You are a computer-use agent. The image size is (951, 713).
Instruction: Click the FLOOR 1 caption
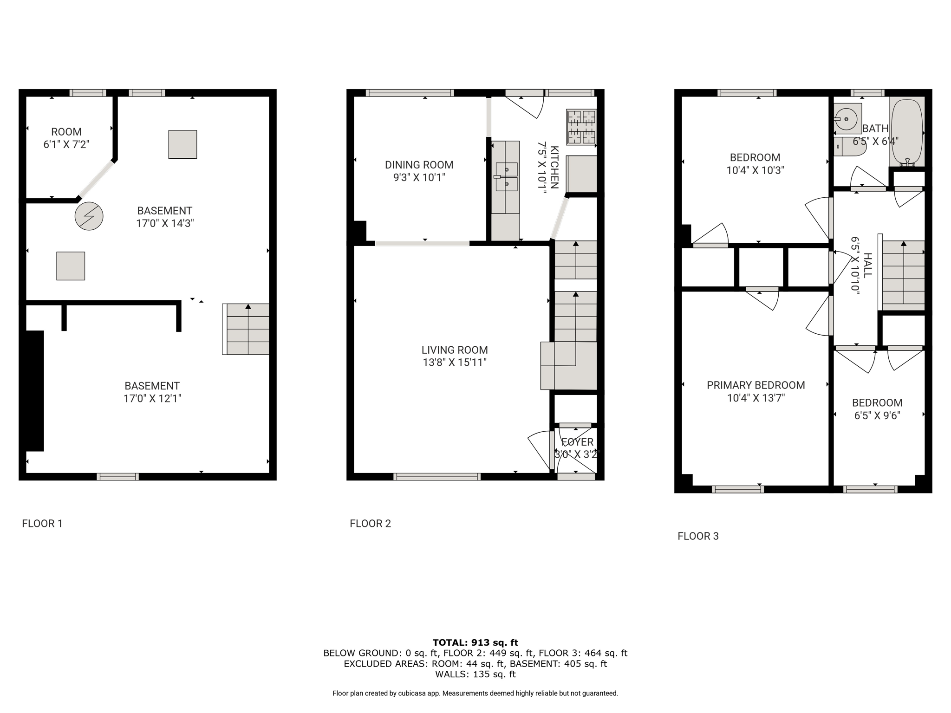pos(42,524)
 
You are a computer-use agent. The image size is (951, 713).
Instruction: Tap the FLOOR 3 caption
pos(698,536)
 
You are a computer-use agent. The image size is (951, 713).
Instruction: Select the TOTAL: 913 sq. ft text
pos(475,642)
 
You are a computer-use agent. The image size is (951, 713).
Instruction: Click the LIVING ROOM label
pos(455,350)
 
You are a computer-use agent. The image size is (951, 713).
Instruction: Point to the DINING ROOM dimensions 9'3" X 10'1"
pos(419,177)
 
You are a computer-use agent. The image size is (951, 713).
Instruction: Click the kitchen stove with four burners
pos(581,127)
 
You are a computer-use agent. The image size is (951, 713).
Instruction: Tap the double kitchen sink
pos(506,176)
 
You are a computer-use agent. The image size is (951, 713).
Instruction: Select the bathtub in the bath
pos(906,132)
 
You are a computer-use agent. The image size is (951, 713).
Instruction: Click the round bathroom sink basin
pos(847,119)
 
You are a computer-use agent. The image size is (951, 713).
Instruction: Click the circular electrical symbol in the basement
pos(89,216)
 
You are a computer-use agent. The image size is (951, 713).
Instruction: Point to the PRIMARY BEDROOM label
pos(756,385)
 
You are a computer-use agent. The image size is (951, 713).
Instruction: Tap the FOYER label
pos(577,442)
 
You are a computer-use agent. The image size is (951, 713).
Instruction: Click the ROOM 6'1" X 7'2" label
pos(66,138)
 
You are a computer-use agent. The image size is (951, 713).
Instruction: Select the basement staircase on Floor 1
pos(246,329)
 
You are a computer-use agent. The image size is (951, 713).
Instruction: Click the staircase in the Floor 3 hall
pos(903,276)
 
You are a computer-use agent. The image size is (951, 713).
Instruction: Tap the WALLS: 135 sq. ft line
pos(475,674)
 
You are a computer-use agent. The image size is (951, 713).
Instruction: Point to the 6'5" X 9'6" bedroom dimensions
pos(877,415)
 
